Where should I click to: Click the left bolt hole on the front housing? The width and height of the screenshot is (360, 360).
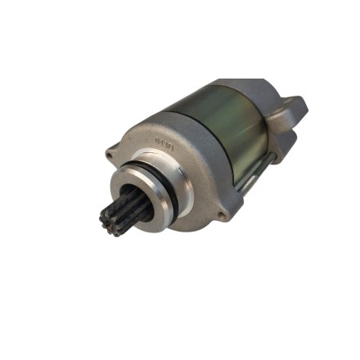[x=110, y=153]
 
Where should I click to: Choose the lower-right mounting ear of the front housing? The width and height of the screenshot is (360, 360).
[x=222, y=214]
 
